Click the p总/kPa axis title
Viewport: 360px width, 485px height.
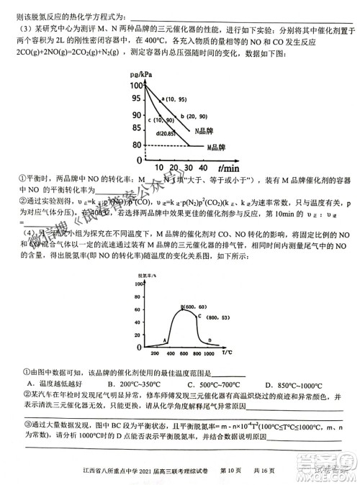[141, 75]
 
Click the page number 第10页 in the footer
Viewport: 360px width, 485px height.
[244, 471]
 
